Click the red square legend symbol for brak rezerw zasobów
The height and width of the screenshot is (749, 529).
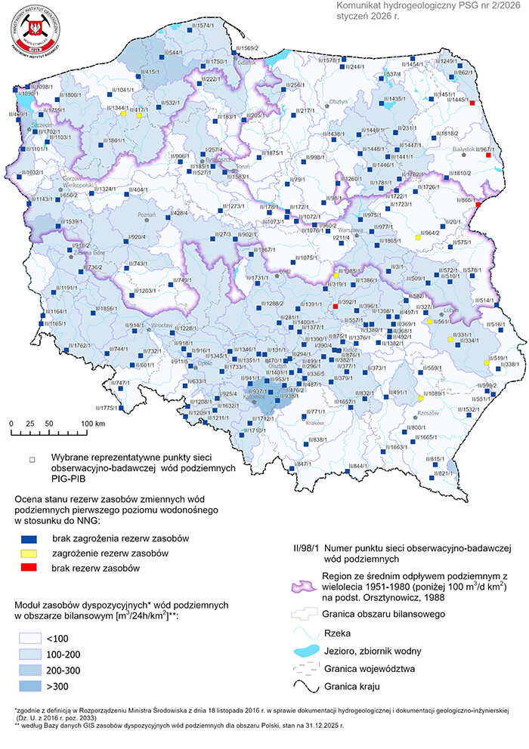(x=29, y=567)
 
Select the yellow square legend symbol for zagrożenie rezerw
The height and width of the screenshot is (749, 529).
(x=29, y=553)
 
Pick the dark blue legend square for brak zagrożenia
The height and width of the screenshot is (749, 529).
(x=29, y=539)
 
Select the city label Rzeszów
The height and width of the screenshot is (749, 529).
(x=428, y=413)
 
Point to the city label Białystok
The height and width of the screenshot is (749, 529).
(x=463, y=149)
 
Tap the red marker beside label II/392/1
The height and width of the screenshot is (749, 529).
(x=336, y=307)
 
